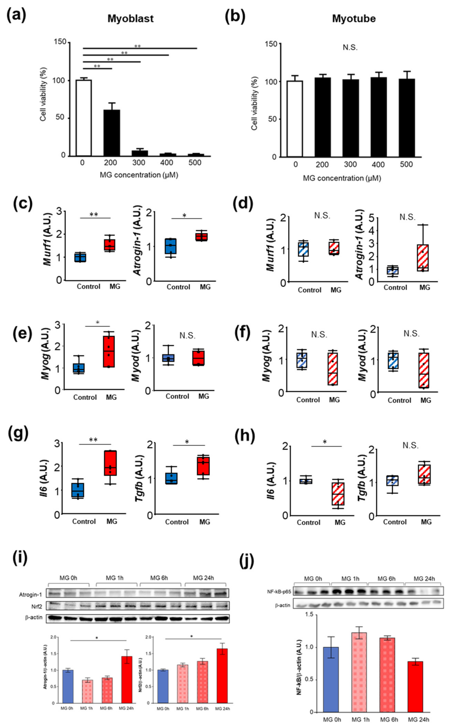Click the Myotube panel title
click(354, 19)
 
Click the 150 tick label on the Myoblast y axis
click(60, 42)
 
